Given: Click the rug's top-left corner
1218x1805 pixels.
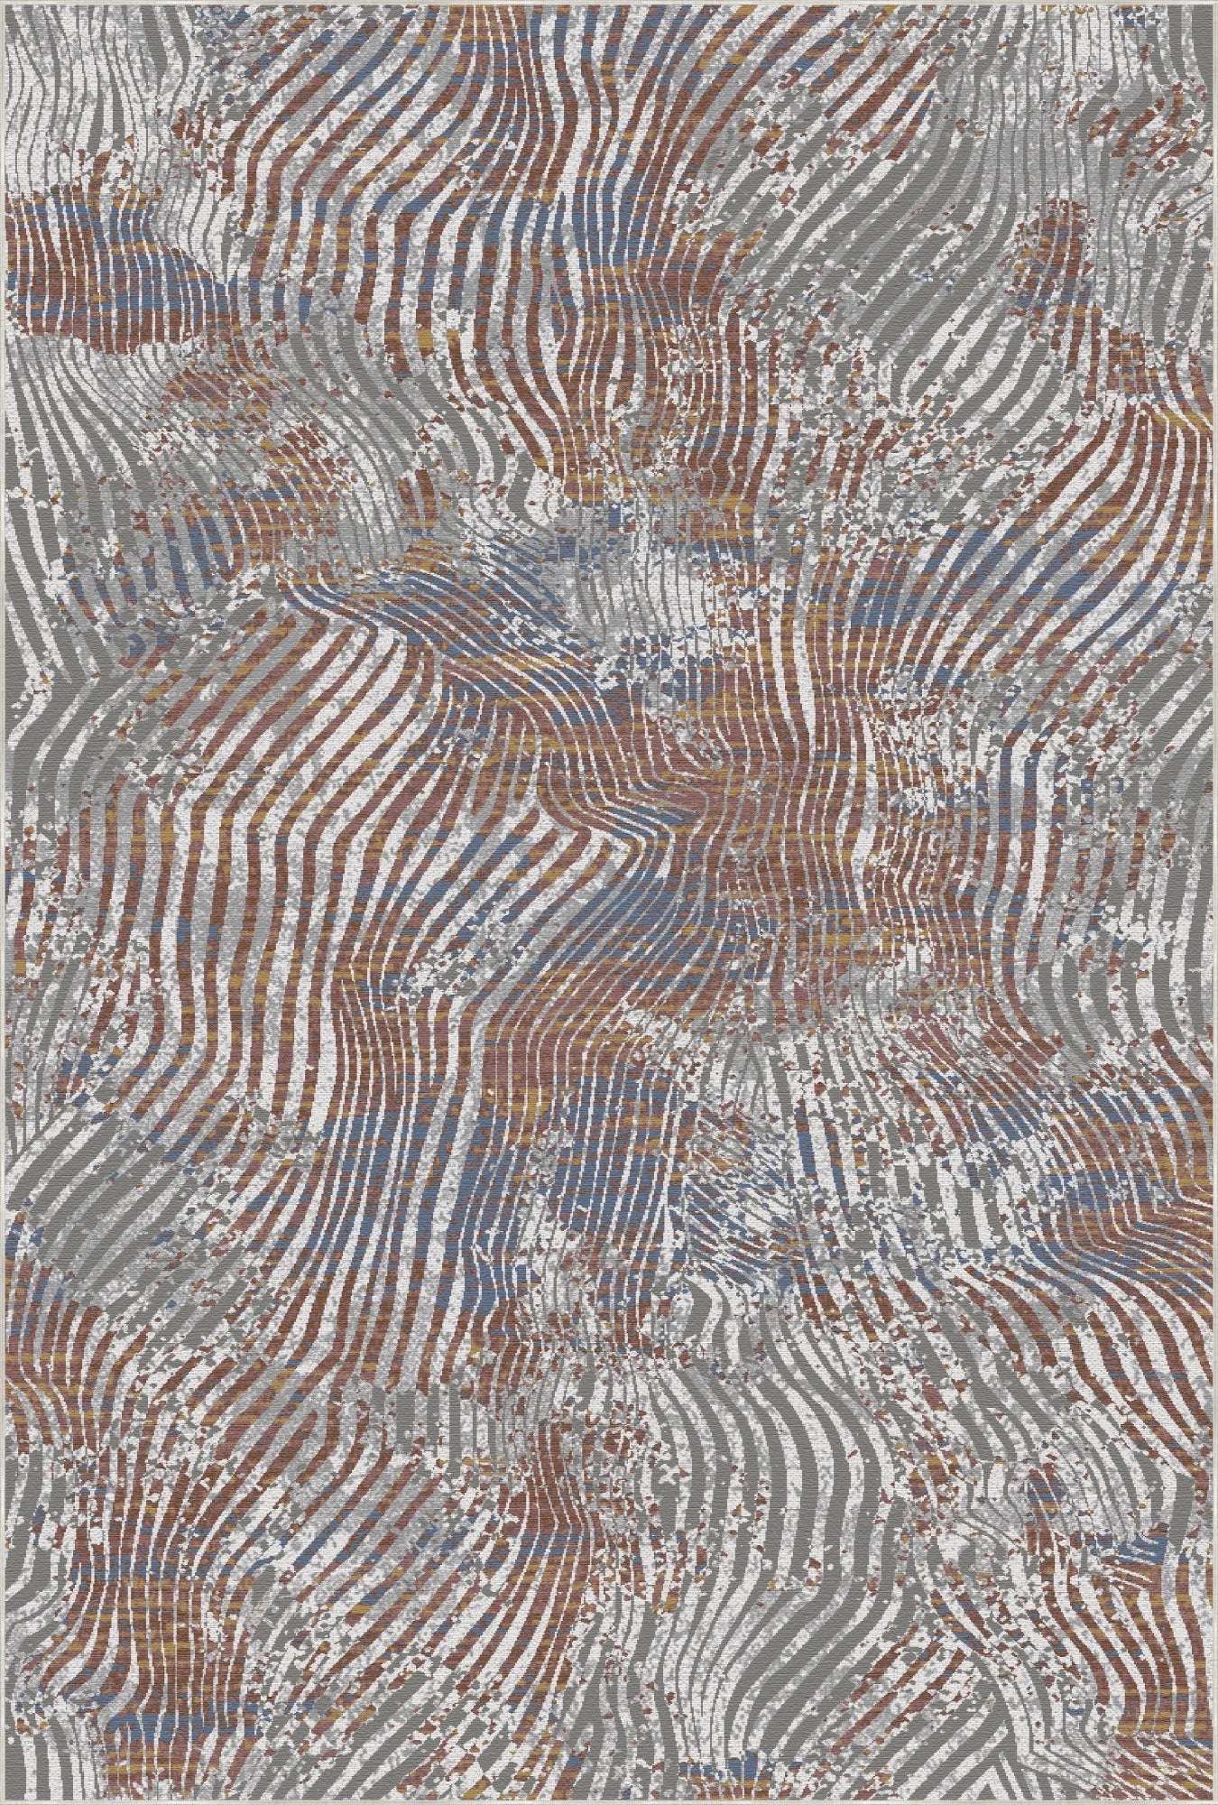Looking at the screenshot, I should pyautogui.click(x=3, y=3).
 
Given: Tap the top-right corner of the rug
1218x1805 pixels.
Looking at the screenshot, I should pyautogui.click(x=1214, y=3).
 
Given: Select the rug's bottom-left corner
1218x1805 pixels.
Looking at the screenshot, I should pyautogui.click(x=3, y=1801).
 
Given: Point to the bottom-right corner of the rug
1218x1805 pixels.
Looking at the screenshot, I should pyautogui.click(x=1214, y=1801).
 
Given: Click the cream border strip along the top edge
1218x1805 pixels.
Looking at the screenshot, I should pyautogui.click(x=609, y=3).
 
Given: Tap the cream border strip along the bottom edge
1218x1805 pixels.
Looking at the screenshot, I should pyautogui.click(x=609, y=1801).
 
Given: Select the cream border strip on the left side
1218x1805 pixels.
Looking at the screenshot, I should pyautogui.click(x=3, y=902).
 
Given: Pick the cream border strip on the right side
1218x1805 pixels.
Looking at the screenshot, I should pyautogui.click(x=1214, y=902).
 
